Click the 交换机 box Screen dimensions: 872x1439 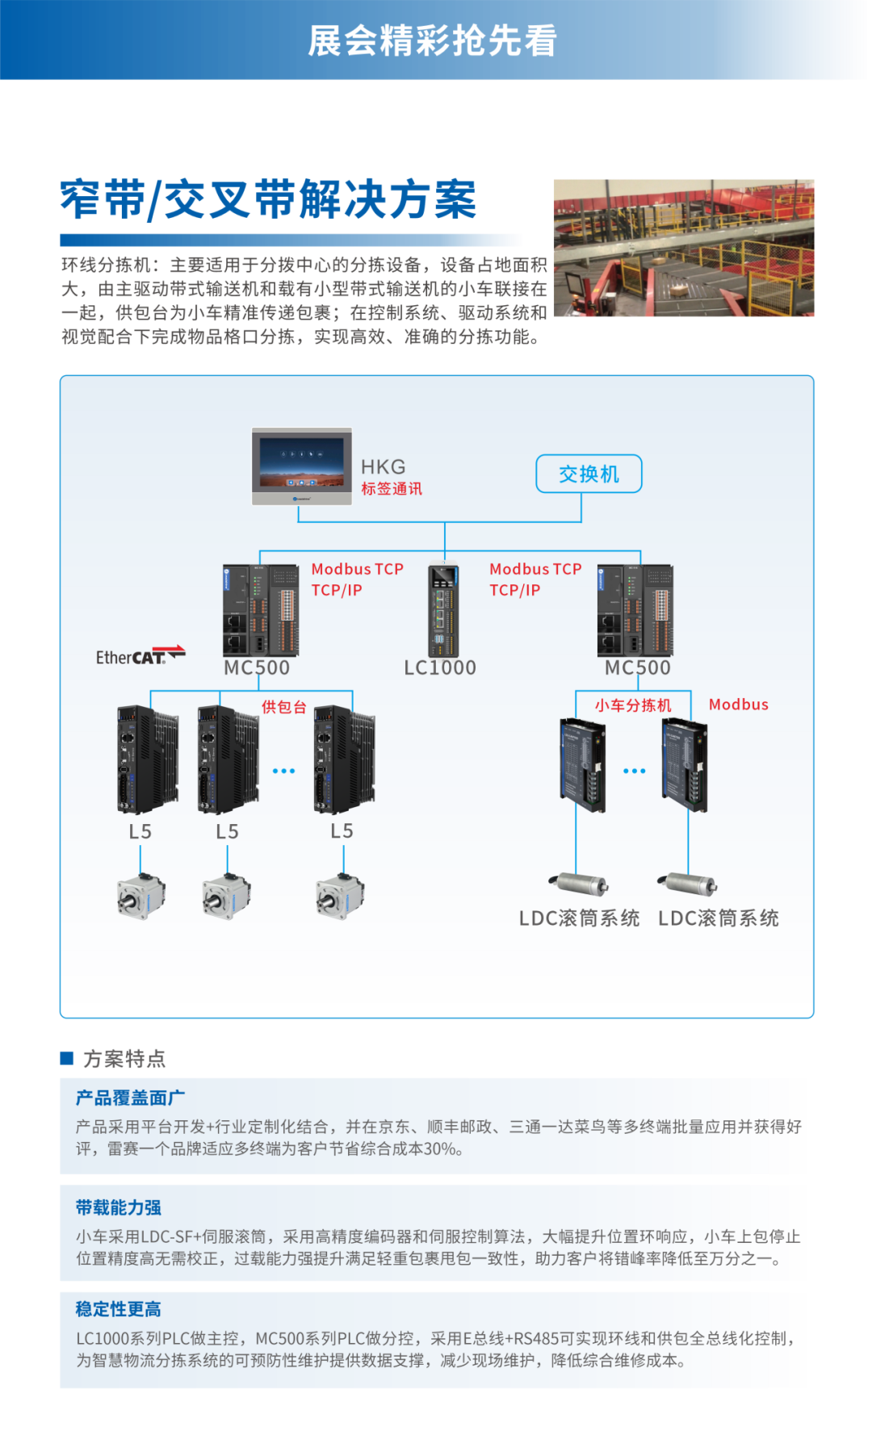click(589, 474)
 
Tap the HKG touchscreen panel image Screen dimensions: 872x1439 click(302, 466)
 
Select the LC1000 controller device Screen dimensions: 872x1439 click(443, 608)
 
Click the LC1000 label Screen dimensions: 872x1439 click(440, 667)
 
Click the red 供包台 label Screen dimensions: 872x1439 click(284, 707)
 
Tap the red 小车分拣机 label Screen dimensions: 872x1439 click(633, 705)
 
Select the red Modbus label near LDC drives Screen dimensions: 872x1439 click(739, 705)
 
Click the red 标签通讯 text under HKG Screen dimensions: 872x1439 click(392, 488)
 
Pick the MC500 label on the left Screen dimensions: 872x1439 click(257, 668)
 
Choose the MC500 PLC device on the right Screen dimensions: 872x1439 click(635, 610)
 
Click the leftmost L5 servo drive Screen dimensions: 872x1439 click(148, 759)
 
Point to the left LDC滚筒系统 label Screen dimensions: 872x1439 click(580, 918)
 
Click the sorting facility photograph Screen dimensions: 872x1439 click(684, 248)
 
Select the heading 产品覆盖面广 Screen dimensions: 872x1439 click(130, 1098)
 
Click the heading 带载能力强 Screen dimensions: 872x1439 click(119, 1207)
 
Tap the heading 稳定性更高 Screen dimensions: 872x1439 click(119, 1309)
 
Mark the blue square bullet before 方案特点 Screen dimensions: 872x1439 click(67, 1058)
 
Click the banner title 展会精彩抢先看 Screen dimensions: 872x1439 click(433, 40)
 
